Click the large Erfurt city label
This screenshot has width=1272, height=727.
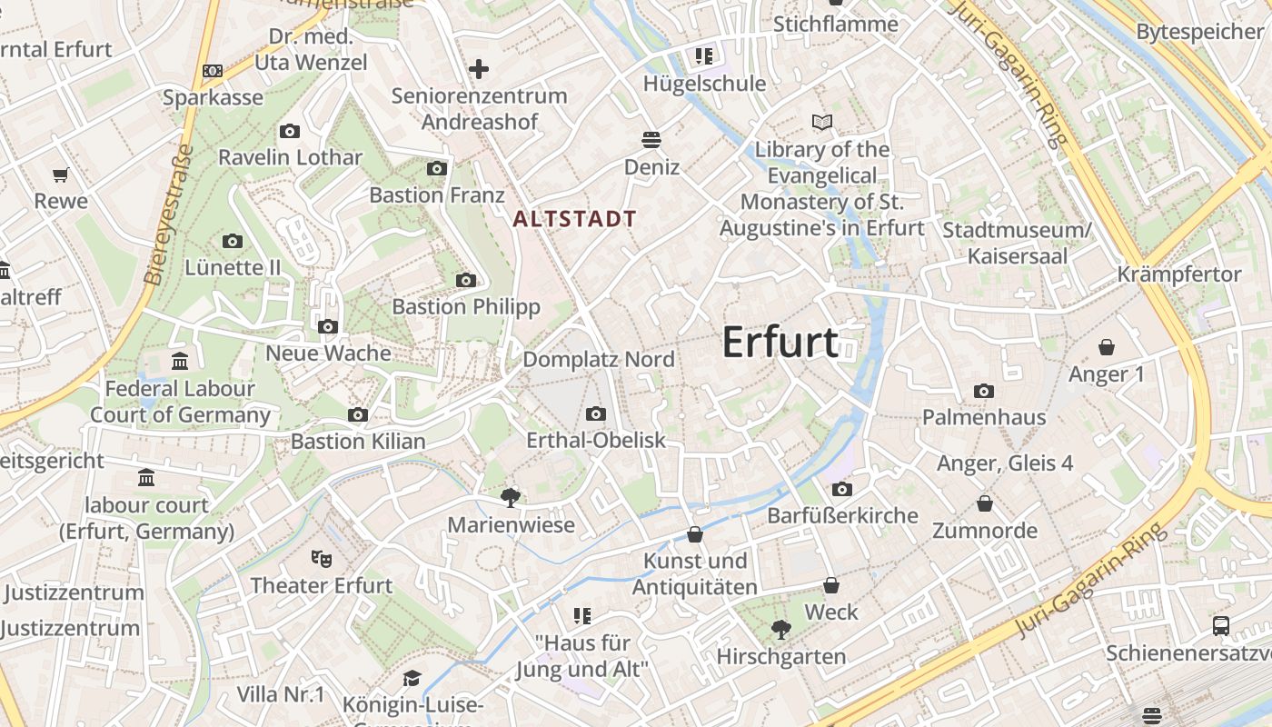[780, 343]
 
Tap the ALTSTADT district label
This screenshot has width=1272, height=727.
[574, 219]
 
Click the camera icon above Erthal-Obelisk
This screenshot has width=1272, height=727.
[596, 414]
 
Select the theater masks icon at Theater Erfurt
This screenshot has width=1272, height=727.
[321, 558]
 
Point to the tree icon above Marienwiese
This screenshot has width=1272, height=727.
[511, 497]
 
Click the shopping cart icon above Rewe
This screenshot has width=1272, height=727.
[61, 174]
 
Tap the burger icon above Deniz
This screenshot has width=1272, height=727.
[651, 140]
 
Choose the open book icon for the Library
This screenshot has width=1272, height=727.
[822, 122]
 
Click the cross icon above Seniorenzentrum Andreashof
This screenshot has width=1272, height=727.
[479, 69]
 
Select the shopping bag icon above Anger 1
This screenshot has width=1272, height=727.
[1107, 347]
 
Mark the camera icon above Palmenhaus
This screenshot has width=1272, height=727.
[983, 392]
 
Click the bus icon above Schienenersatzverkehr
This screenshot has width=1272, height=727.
[1221, 626]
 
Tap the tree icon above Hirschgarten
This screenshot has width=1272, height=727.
[780, 629]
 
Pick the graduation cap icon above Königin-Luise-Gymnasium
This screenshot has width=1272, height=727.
[412, 678]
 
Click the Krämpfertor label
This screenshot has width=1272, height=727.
[1179, 274]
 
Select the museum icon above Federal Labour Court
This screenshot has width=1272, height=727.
[180, 362]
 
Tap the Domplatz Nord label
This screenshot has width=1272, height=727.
[599, 359]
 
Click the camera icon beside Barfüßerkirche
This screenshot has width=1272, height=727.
[842, 490]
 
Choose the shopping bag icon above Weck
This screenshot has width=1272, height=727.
[831, 586]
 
